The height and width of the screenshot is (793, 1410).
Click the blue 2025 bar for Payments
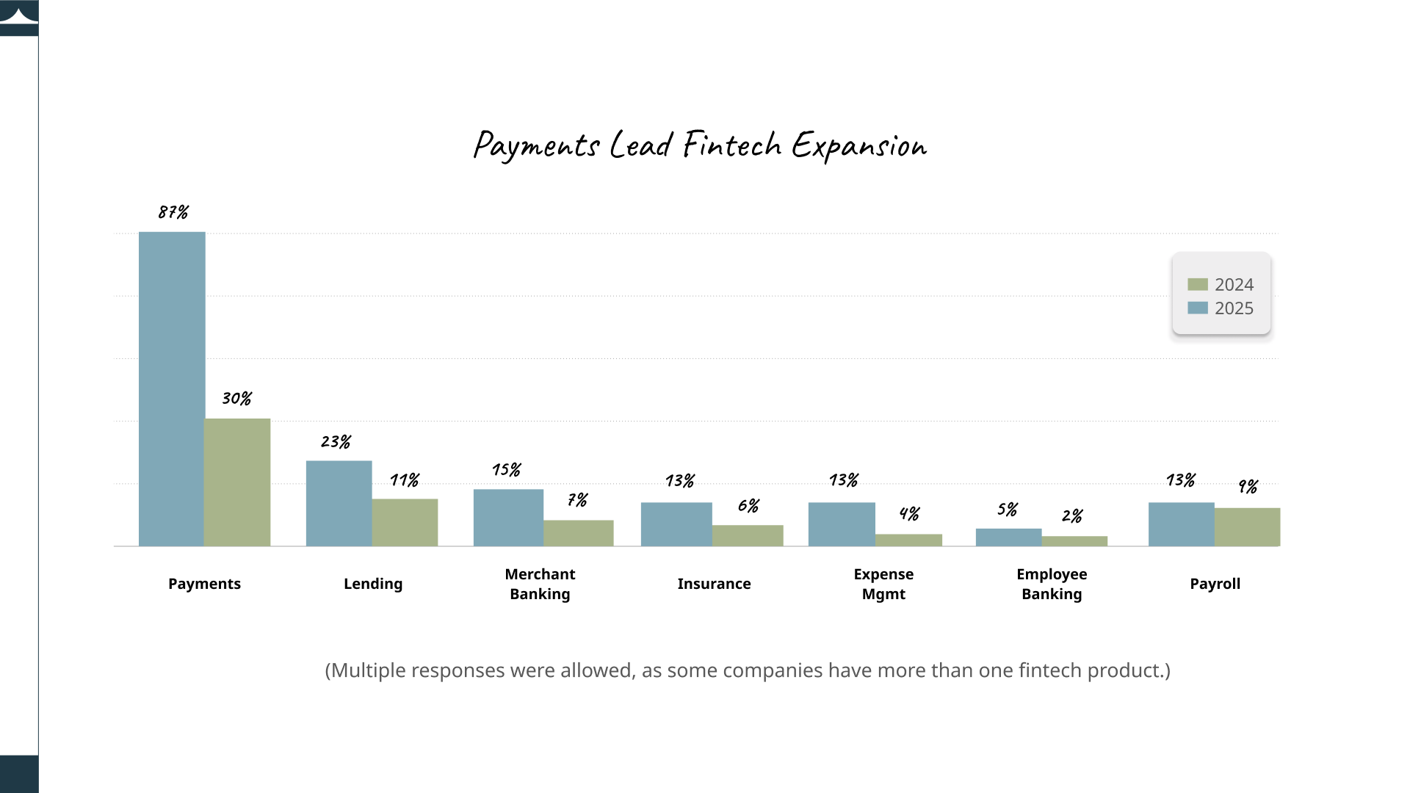(172, 389)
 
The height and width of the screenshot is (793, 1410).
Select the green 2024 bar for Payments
(237, 482)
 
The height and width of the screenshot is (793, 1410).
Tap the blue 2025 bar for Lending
(339, 504)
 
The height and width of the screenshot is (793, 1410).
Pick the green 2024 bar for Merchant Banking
(579, 533)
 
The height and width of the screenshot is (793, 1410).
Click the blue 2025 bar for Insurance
(676, 524)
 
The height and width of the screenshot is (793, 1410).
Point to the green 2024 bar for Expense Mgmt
(908, 540)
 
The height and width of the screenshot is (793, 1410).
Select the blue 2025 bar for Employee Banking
(1008, 537)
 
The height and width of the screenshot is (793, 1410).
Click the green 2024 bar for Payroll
(1247, 527)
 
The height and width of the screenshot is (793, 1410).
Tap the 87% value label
(173, 212)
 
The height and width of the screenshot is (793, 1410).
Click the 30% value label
(236, 399)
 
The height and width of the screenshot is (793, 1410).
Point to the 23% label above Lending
(336, 442)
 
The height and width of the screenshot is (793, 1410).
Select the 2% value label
(1072, 516)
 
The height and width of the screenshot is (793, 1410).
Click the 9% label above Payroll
(1248, 487)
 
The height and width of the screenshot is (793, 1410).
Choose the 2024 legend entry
(1221, 285)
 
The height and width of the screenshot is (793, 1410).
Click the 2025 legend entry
(1221, 308)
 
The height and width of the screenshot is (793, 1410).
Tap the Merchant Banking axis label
(540, 584)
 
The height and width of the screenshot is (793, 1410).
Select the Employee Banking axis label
(1052, 584)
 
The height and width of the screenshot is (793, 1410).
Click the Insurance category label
(714, 584)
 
